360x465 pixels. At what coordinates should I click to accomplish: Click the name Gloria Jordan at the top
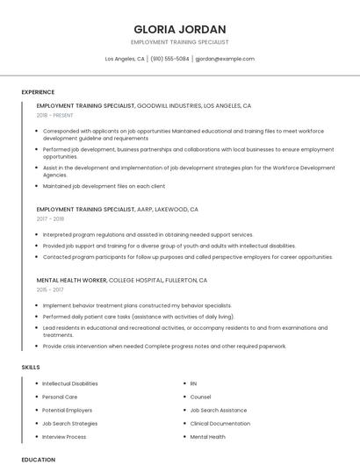point(179,29)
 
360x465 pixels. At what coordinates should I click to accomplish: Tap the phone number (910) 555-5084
point(169,59)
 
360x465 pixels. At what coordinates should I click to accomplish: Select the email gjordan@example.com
point(225,59)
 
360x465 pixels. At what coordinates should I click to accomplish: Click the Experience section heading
point(38,92)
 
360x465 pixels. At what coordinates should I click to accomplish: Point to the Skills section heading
point(31,368)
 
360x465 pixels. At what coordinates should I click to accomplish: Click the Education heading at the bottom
point(39,459)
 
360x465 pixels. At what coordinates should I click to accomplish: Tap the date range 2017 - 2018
point(50,219)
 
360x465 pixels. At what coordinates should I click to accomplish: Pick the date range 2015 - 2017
point(50,289)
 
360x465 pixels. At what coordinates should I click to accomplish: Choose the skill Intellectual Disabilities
point(70,383)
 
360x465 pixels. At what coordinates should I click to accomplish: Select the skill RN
point(194,383)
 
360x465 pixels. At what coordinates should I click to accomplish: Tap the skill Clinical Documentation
point(220,423)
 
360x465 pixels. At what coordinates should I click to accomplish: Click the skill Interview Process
point(64,436)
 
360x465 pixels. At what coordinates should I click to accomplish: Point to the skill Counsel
point(200,397)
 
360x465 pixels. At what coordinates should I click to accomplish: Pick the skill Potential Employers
point(67,410)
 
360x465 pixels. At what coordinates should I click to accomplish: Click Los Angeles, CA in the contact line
point(125,59)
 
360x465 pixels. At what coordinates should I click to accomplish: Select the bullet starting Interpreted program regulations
point(148,235)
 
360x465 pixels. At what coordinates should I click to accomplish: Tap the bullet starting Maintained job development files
point(104,186)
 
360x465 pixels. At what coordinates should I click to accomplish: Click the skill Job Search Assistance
point(219,410)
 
